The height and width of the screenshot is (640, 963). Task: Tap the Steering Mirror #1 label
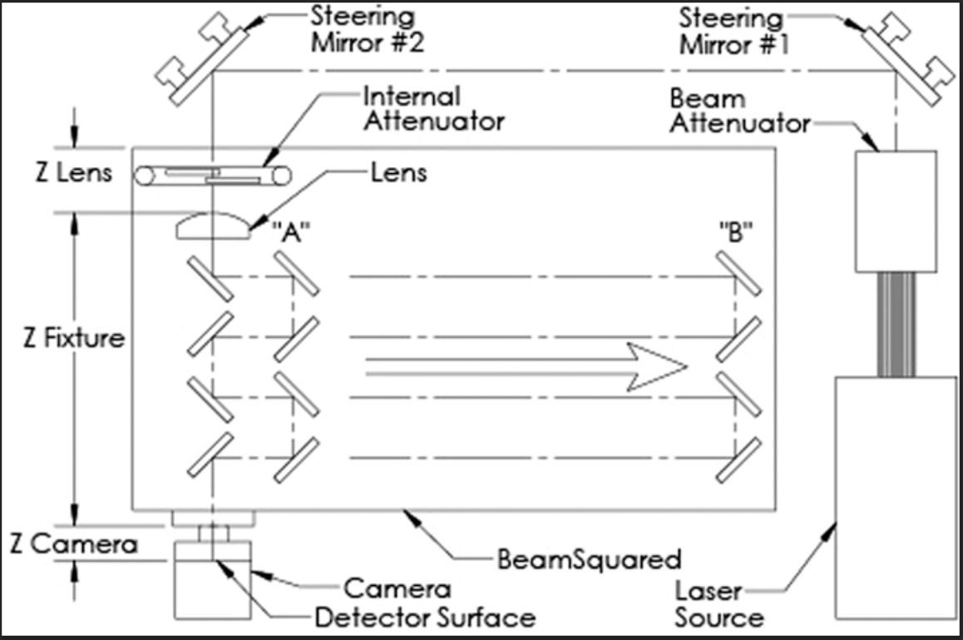coord(731,30)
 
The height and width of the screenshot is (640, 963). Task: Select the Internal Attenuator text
coord(433,108)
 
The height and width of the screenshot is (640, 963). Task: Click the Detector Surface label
coord(424,618)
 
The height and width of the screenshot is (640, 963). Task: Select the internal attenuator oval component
coord(215,176)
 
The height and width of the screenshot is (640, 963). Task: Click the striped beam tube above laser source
coord(896,325)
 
